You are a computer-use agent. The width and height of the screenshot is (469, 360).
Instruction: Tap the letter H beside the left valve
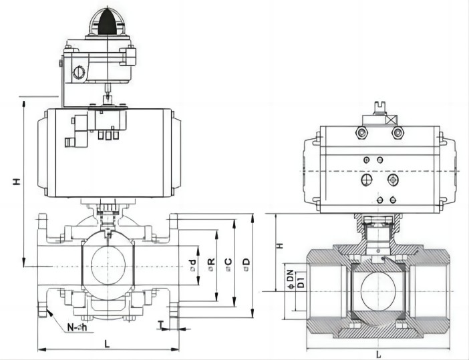tap(16, 180)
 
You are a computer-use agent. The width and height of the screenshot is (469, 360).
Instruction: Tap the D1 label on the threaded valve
tap(301, 280)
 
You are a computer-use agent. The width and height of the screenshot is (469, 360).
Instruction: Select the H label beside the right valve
tap(281, 245)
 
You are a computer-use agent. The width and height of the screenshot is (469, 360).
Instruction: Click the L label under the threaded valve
tap(379, 353)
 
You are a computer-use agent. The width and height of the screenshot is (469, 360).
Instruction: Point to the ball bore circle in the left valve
tap(107, 266)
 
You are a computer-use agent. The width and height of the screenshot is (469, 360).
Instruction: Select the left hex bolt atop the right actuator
tap(361, 134)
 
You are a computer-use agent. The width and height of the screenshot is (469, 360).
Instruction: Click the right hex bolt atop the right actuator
tap(398, 134)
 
